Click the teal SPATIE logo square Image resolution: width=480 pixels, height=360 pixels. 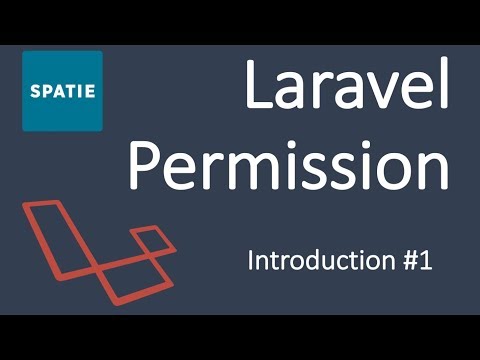62,91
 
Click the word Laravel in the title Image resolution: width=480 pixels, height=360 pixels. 345,89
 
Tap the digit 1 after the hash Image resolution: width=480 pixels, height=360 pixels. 425,263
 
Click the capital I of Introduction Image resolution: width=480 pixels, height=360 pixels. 251,263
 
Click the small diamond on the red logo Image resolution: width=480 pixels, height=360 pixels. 147,240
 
